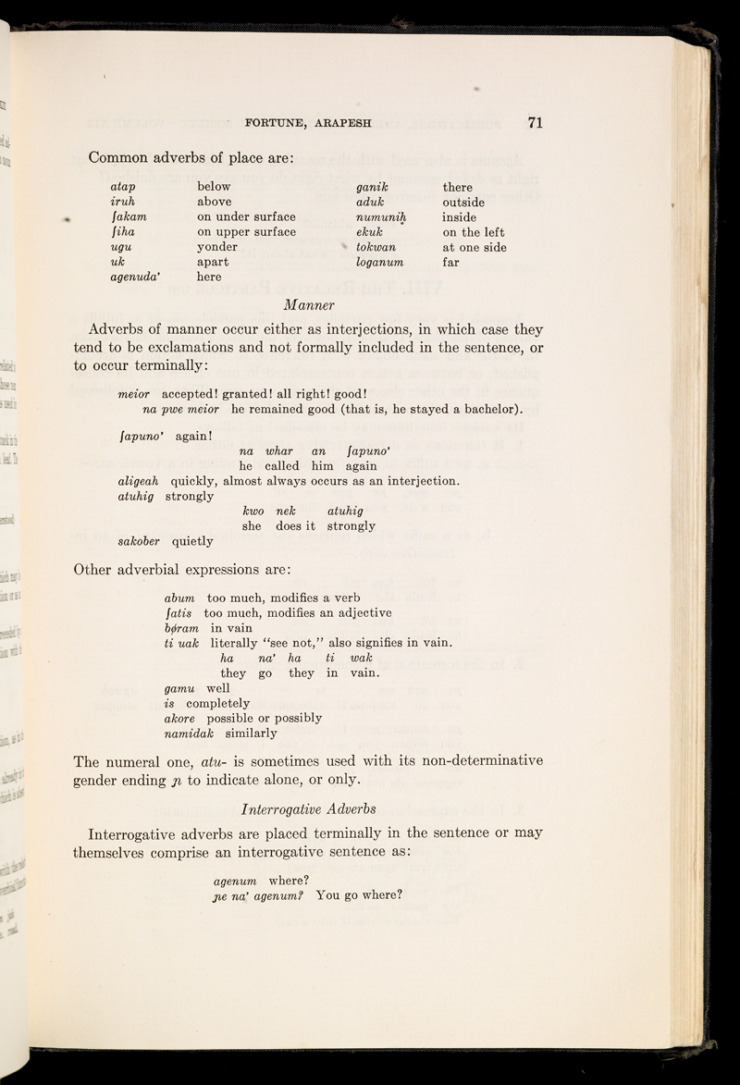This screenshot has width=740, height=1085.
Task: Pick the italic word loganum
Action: tap(381, 265)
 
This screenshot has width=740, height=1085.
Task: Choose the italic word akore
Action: tap(181, 718)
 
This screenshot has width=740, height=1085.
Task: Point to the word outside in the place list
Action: tap(470, 203)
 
